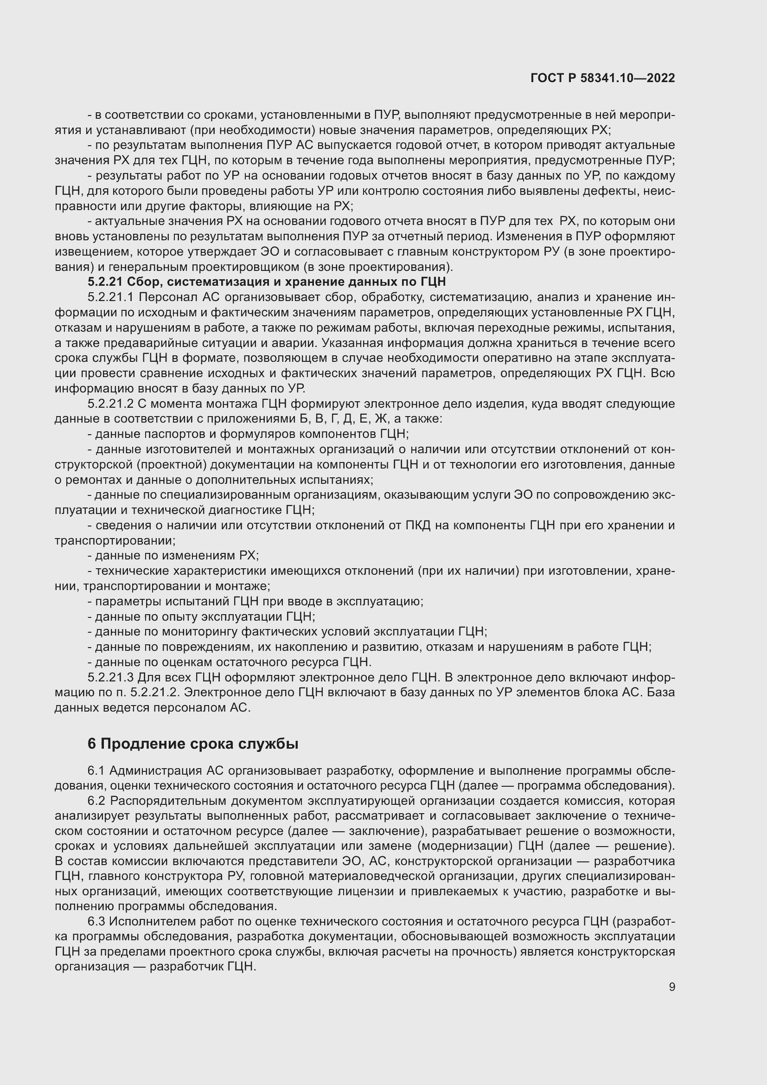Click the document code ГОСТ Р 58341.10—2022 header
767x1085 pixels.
pyautogui.click(x=603, y=78)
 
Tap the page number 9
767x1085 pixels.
pyautogui.click(x=671, y=987)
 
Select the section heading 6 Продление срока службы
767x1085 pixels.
pyautogui.click(x=193, y=744)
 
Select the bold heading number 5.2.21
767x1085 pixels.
pyautogui.click(x=105, y=282)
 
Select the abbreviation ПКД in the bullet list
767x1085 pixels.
pyautogui.click(x=417, y=525)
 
